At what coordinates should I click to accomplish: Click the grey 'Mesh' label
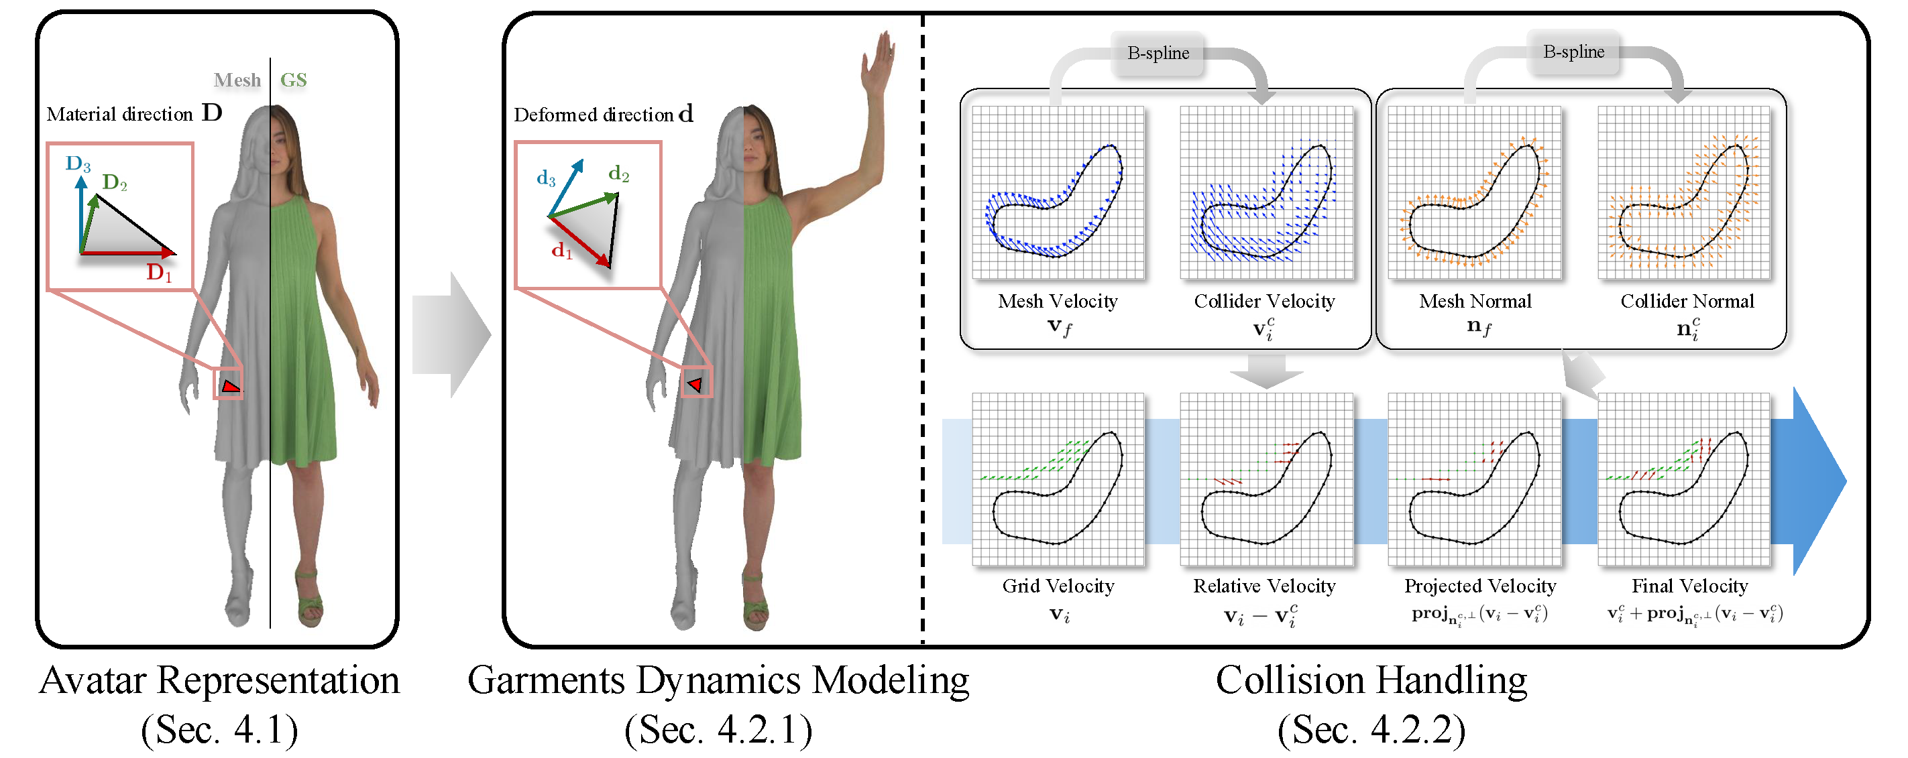237,80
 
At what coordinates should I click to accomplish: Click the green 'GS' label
293,80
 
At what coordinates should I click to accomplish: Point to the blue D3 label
78,164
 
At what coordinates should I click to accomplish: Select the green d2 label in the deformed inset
618,175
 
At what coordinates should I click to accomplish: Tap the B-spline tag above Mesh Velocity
1158,54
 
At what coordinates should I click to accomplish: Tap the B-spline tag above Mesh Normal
1573,52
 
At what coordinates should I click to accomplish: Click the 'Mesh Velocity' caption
1057,302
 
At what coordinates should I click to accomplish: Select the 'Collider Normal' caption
1687,302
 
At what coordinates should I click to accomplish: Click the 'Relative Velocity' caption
1264,586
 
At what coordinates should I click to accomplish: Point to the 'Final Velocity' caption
1689,586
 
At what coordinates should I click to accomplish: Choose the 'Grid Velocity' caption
1058,586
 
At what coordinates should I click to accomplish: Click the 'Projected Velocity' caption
1480,586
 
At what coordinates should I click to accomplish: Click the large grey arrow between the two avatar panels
453,334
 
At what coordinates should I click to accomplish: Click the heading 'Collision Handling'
1371,680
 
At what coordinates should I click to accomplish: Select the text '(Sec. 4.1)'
219,730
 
